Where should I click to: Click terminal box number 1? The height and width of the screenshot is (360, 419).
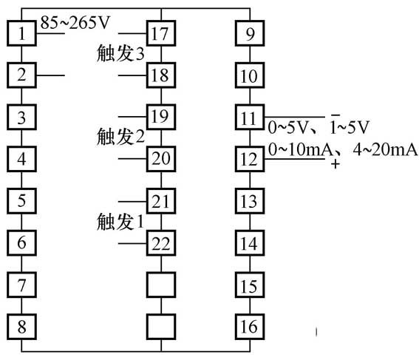tap(24, 33)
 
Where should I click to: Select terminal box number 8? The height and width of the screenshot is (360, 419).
tap(24, 325)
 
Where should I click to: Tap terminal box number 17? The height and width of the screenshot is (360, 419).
tap(161, 33)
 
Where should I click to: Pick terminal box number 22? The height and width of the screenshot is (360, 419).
tap(161, 242)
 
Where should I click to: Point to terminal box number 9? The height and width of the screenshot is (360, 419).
tap(248, 33)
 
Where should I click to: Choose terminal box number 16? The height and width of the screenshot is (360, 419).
tap(248, 325)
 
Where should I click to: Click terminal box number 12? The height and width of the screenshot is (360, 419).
tap(248, 158)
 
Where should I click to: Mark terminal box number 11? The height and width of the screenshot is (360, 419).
tap(248, 117)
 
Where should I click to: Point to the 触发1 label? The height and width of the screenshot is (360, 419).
tap(119, 221)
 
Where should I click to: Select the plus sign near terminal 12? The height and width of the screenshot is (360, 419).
tap(336, 164)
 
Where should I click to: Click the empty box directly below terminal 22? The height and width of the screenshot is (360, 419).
tap(161, 284)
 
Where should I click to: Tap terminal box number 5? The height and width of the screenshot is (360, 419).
tap(24, 200)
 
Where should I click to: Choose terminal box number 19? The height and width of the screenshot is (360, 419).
tap(161, 116)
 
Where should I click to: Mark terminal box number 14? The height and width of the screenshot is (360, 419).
tap(248, 242)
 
